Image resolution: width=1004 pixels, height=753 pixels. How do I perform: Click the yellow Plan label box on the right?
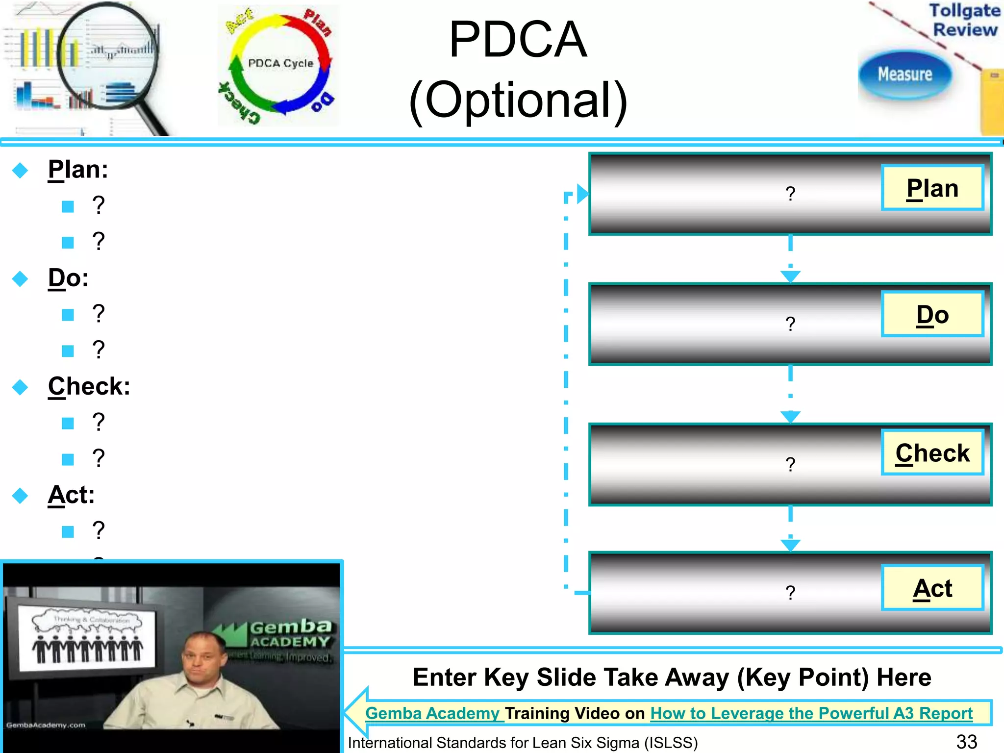[x=932, y=188]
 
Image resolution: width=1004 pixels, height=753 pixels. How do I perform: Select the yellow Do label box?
[x=932, y=314]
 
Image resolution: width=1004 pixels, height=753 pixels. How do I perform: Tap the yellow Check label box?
[x=932, y=452]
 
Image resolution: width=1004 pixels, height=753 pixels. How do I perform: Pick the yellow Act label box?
[x=932, y=588]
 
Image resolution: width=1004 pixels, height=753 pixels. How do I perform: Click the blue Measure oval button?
[x=904, y=75]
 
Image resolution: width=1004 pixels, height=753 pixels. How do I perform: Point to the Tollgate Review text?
[x=964, y=20]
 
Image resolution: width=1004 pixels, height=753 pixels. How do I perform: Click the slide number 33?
[x=966, y=742]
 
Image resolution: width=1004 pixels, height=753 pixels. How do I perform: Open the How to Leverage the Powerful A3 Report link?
[x=811, y=713]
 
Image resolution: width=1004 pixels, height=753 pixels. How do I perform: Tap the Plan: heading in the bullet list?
[x=78, y=170]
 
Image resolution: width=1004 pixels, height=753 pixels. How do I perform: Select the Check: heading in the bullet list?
[x=89, y=386]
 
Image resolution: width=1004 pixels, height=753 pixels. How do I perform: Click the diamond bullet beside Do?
[x=20, y=278]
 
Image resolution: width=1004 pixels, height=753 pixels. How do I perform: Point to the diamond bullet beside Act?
[x=20, y=495]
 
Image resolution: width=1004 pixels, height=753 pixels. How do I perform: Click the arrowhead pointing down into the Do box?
[x=790, y=276]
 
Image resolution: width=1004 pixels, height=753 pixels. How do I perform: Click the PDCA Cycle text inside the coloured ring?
[x=280, y=63]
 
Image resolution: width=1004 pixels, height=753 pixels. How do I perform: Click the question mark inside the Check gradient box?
[x=790, y=464]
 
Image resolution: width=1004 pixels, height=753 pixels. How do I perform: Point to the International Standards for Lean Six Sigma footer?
[x=523, y=743]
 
